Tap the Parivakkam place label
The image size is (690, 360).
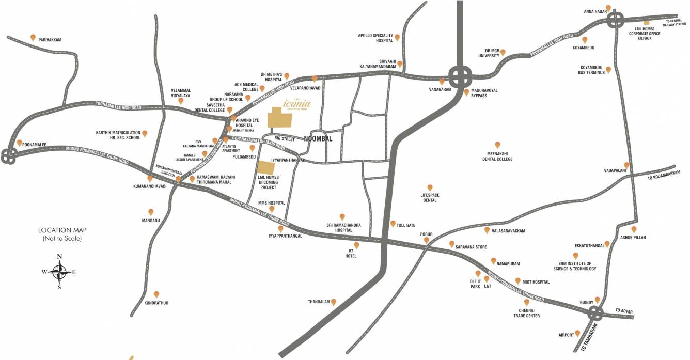50,40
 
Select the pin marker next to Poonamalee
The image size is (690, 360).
20,143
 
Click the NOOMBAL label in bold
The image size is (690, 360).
318,139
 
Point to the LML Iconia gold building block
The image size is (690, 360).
279,118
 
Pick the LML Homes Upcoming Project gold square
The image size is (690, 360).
266,168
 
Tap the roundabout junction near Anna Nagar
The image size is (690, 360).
615,21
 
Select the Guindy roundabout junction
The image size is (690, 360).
595,312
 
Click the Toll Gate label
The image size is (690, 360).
406,225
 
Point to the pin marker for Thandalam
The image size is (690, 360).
334,302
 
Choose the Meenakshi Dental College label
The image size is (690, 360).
498,156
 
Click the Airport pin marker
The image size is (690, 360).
577,333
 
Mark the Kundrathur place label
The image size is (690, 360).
156,303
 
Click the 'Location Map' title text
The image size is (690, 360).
62,230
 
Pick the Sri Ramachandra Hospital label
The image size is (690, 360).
343,227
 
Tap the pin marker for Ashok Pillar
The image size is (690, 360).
634,229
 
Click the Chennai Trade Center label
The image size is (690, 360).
526,313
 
